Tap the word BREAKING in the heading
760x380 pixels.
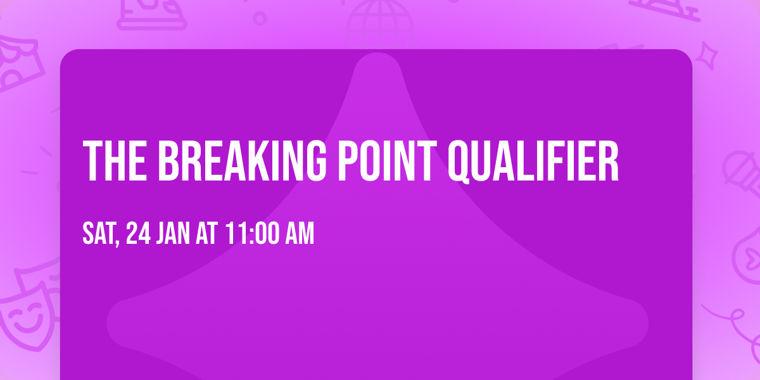[x=242, y=161]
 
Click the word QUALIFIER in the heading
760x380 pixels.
[x=533, y=162]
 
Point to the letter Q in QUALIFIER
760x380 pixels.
[x=460, y=162]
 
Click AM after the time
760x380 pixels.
[x=300, y=234]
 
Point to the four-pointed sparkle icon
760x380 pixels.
[x=710, y=54]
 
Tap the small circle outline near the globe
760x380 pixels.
[x=260, y=18]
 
